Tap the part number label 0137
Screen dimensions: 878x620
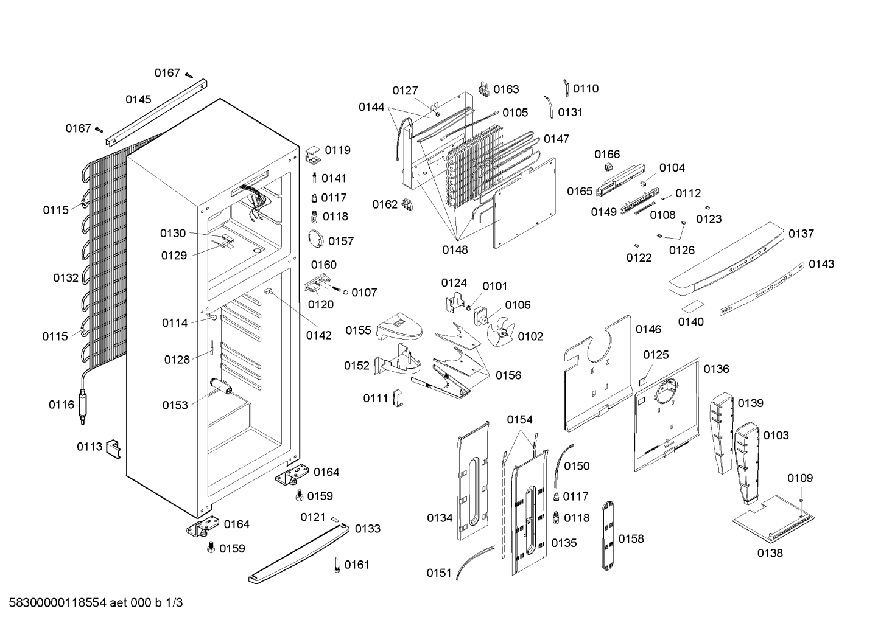coord(801,234)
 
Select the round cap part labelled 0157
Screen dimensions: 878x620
coord(316,239)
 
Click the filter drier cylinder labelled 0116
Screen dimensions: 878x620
coord(83,407)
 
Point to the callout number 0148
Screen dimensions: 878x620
coord(455,250)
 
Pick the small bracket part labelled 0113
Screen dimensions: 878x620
coord(114,449)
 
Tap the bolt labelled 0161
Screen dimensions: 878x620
coord(337,565)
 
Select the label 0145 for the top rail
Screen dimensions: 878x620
coord(138,100)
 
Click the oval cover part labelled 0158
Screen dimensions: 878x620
coord(608,536)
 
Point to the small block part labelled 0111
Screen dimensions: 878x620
coord(399,399)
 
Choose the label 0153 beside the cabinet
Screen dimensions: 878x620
coord(175,405)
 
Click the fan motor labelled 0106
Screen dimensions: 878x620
coord(480,316)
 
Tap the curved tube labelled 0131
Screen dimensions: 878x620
coord(549,106)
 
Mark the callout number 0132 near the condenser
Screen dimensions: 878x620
coord(66,278)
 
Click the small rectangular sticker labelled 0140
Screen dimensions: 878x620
coord(693,305)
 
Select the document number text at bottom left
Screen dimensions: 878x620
coord(96,603)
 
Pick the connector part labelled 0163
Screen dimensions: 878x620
coord(484,89)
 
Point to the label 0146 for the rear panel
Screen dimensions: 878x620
coord(648,330)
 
